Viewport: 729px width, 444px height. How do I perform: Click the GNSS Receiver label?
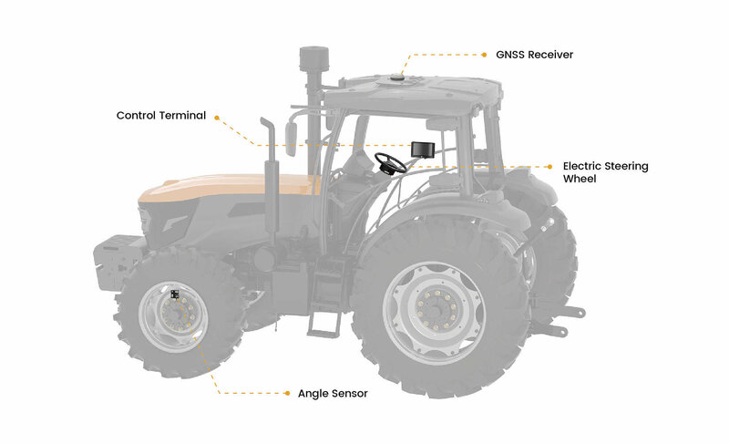coord(534,55)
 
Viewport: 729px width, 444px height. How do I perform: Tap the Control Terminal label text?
coord(161,115)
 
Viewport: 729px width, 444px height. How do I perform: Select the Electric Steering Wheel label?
coord(605,172)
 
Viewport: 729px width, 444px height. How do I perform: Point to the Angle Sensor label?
coord(333,394)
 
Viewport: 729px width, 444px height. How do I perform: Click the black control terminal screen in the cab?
coord(423,150)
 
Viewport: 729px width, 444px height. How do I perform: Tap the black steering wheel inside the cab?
coord(391,163)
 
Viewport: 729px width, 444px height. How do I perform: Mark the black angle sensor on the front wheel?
coord(175,294)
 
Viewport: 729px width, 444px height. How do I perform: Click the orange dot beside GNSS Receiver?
coord(484,55)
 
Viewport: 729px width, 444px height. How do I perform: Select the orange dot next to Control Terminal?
coord(217,118)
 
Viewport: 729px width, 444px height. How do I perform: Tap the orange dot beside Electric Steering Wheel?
coord(550,167)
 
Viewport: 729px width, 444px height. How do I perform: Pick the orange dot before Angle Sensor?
coord(287,393)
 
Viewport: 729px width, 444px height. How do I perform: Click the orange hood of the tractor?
coord(228,187)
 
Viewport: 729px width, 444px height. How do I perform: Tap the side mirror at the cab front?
coord(291,139)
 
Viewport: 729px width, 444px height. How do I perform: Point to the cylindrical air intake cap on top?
coord(314,58)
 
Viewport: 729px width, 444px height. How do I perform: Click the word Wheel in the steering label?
coord(580,179)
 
